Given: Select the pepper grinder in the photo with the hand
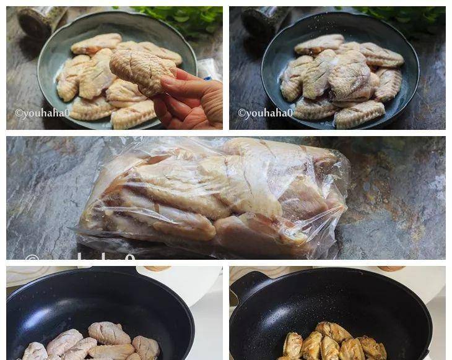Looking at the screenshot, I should click(41, 20).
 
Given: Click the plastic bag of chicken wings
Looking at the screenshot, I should click(217, 198).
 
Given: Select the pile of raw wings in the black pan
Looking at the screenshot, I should click(93, 343).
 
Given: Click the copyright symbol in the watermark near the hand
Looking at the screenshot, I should click(19, 114).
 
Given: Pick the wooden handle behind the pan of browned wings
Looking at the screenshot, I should click(390, 268).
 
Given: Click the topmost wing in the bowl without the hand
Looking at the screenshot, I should click(319, 44).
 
